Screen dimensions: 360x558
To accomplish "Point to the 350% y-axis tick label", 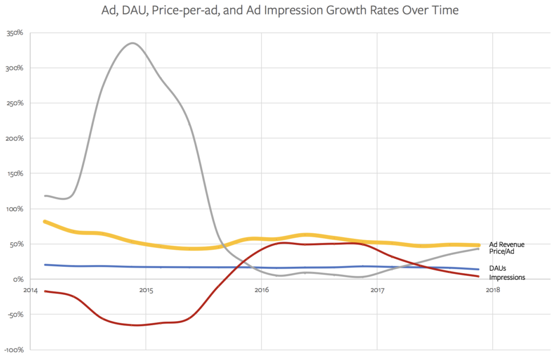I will point(14,33).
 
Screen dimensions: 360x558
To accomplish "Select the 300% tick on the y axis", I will point(14,68).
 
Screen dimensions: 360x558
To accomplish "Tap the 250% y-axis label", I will point(14,103).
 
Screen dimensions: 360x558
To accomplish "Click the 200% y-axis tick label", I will point(14,138).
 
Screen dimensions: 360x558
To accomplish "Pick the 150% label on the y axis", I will point(14,174).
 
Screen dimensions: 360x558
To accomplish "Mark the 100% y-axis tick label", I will point(14,209).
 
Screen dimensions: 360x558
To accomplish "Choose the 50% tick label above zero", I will point(16,244).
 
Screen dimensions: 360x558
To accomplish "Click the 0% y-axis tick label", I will point(18,279).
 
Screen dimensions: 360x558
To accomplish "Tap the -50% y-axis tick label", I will point(15,314).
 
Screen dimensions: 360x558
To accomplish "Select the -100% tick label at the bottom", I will point(13,350).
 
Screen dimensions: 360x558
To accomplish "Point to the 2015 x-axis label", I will point(146,290).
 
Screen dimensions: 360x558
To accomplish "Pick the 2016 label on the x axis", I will point(262,290).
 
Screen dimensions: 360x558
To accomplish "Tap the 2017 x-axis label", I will point(377,290).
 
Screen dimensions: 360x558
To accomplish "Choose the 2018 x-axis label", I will point(493,290).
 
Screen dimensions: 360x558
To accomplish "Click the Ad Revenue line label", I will point(507,245).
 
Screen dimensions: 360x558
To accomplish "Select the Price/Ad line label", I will point(503,251).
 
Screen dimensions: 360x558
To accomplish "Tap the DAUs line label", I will point(498,268).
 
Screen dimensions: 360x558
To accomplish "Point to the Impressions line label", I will point(507,277).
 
